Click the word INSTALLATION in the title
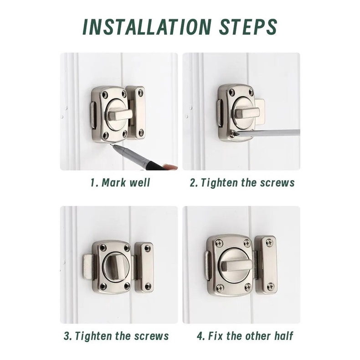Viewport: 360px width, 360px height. coord(146,27)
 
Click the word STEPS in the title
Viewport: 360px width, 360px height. coord(248,27)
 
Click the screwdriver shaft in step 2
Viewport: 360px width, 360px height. coord(268,132)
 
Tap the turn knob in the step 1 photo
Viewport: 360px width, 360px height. coord(120,115)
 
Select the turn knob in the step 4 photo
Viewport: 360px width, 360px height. coord(236,266)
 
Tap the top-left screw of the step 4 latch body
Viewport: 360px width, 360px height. coord(220,243)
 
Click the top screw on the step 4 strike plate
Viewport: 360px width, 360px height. coord(269,242)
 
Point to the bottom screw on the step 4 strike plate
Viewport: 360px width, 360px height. coord(271,287)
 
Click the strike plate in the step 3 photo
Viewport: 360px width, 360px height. coord(144,267)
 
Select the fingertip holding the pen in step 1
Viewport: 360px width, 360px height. coord(170,167)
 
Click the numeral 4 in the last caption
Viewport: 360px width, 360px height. coord(200,336)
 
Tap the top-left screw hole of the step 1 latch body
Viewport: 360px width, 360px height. coord(105,94)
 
